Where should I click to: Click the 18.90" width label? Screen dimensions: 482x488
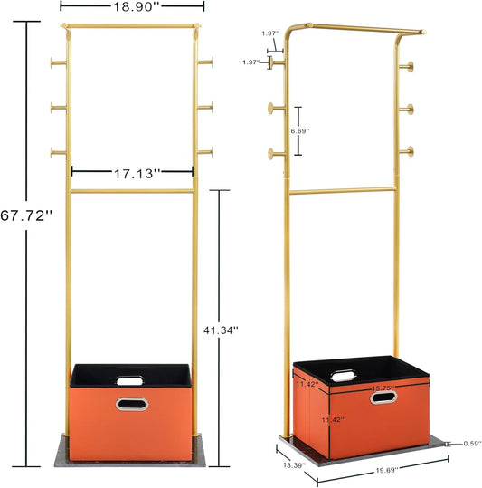point(137,7)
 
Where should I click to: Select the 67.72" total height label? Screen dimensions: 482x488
point(26,215)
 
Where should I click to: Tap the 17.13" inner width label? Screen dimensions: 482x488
point(137,174)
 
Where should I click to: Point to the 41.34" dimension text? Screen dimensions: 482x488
point(221,330)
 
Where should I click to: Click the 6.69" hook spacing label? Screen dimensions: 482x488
point(300,131)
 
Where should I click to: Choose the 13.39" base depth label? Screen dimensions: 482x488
point(294,465)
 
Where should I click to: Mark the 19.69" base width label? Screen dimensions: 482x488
point(387,470)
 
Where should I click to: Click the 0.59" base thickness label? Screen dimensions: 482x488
point(472,444)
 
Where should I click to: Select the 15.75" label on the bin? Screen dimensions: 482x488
point(383,388)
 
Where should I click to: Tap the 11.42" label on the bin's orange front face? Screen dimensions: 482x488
point(333,420)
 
